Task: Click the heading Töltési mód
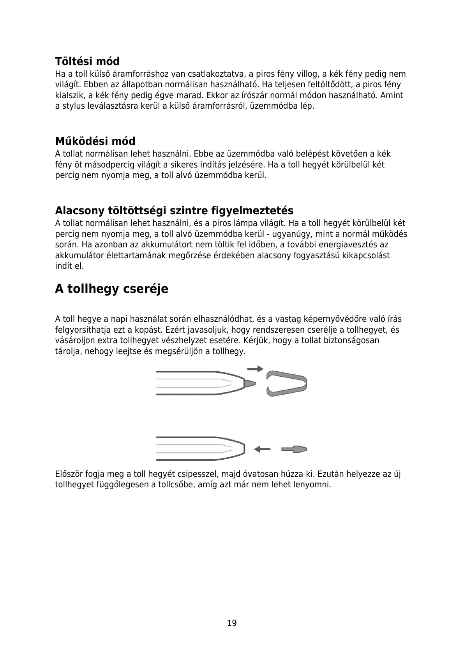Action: [x=87, y=62]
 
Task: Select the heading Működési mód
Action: [x=95, y=141]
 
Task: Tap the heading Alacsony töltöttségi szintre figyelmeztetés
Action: [x=174, y=211]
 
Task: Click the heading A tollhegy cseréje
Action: [x=111, y=289]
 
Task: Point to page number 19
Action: [x=232, y=623]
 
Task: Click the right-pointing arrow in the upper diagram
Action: [x=255, y=369]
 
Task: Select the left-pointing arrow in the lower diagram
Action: [x=262, y=449]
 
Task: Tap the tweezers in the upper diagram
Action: [x=287, y=383]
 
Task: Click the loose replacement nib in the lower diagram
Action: [x=295, y=449]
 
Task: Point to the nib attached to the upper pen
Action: [x=250, y=383]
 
